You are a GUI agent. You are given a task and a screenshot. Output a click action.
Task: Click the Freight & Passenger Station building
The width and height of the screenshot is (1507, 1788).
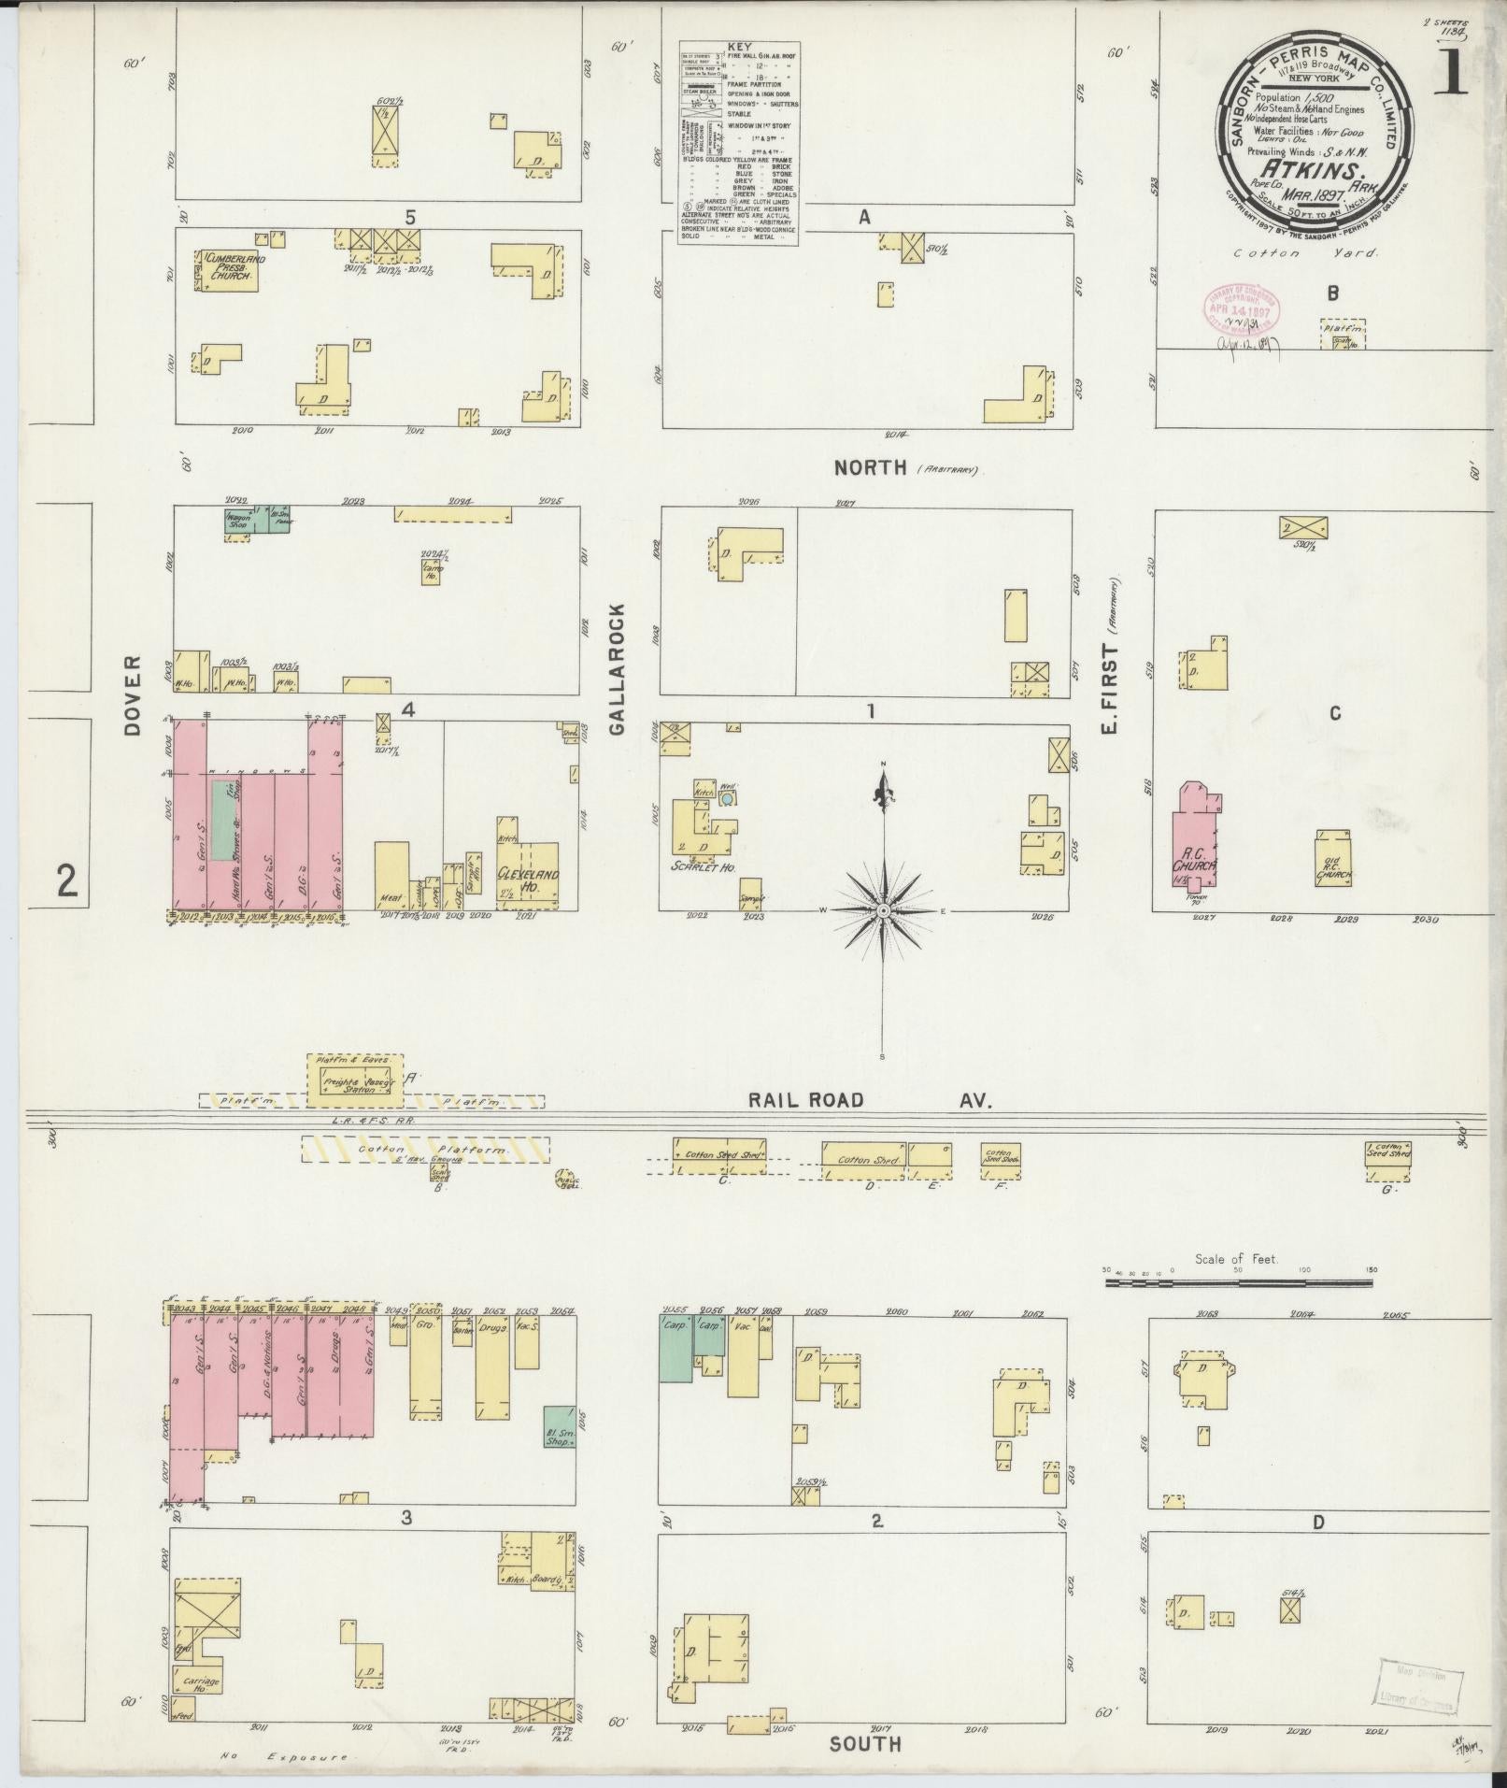354,1083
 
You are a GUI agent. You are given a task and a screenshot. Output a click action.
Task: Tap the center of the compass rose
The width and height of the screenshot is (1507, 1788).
883,908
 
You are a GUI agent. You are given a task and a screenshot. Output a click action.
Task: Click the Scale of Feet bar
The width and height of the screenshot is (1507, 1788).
1238,1283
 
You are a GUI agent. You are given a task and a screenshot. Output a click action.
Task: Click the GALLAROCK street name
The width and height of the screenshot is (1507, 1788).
618,669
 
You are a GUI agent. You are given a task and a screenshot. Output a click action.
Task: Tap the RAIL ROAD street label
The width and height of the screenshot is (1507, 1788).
804,1101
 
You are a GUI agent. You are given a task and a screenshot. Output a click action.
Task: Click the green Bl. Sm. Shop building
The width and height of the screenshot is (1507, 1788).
558,1426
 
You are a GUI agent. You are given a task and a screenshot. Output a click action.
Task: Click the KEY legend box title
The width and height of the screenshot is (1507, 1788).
739,46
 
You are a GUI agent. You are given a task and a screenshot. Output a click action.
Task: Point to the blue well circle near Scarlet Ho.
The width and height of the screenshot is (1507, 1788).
727,800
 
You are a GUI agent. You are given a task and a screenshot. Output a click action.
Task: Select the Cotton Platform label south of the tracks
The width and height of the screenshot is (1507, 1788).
425,1149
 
